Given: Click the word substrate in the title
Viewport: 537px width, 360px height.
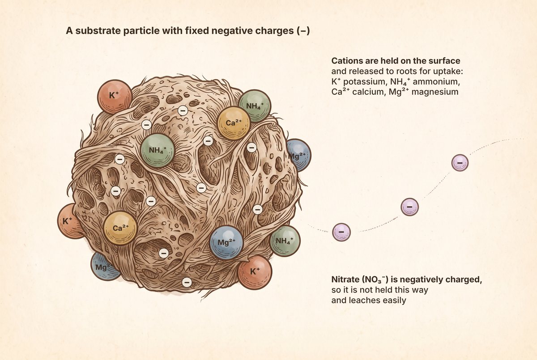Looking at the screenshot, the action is click(x=98, y=31).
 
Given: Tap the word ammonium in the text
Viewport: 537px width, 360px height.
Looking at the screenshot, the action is click(x=436, y=82).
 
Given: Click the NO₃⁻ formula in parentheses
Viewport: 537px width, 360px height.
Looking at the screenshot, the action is click(x=375, y=280).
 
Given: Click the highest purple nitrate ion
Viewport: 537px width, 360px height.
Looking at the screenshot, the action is click(x=460, y=163).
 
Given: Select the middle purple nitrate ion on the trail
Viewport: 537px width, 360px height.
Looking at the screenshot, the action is click(x=410, y=207).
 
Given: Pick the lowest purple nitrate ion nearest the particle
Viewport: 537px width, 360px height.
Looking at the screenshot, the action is click(x=341, y=232).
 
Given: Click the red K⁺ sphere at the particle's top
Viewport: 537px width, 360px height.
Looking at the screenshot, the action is click(x=115, y=97).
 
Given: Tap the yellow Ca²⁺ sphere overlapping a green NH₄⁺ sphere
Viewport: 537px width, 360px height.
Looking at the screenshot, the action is click(x=234, y=123).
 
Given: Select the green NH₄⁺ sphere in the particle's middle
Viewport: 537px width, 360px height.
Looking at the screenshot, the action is click(x=157, y=150).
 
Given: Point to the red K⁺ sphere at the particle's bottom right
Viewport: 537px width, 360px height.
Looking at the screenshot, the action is click(x=255, y=272).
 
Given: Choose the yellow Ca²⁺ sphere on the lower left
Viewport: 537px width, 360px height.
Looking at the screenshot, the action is click(x=120, y=228).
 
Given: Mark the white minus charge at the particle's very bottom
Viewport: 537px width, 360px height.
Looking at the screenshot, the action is click(x=187, y=282).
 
